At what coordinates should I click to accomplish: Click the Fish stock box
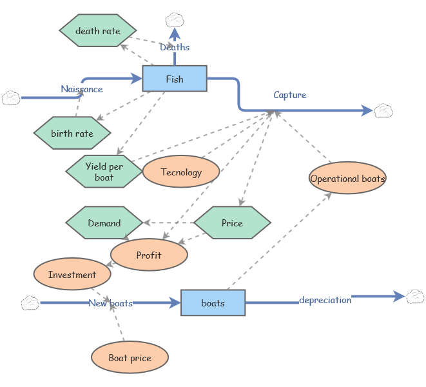click(175, 79)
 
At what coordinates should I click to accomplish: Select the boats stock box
click(213, 303)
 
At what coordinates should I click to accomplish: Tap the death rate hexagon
click(98, 30)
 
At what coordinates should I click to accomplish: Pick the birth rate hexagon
click(72, 133)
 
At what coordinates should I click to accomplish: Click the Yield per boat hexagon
click(104, 172)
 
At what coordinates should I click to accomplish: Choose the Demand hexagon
click(104, 223)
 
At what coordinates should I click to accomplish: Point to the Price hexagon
click(232, 223)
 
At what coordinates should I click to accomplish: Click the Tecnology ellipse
click(181, 172)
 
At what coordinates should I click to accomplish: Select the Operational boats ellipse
click(347, 178)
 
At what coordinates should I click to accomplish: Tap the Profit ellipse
click(149, 255)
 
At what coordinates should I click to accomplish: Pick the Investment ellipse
click(72, 274)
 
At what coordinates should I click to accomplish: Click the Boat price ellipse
click(130, 357)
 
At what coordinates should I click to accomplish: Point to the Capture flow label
click(290, 95)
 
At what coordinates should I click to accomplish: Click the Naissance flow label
click(82, 88)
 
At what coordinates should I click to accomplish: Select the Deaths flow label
click(175, 47)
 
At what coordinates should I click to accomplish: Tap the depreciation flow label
click(325, 300)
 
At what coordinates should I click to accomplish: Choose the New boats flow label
click(111, 303)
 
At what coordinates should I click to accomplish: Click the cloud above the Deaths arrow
click(175, 20)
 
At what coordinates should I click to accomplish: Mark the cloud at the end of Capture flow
click(383, 111)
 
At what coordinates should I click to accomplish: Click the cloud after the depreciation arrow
click(416, 296)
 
